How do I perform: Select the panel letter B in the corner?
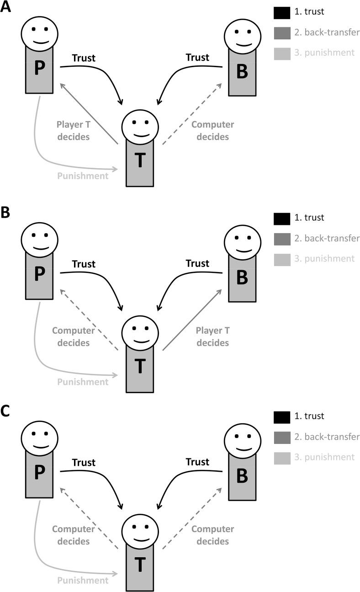coord(6,214)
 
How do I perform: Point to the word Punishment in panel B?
coord(83,382)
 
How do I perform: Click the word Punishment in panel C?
coord(83,581)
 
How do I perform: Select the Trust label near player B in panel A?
coord(197,58)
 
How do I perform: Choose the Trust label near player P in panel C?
coord(84,462)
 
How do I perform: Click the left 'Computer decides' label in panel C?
coord(73,535)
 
